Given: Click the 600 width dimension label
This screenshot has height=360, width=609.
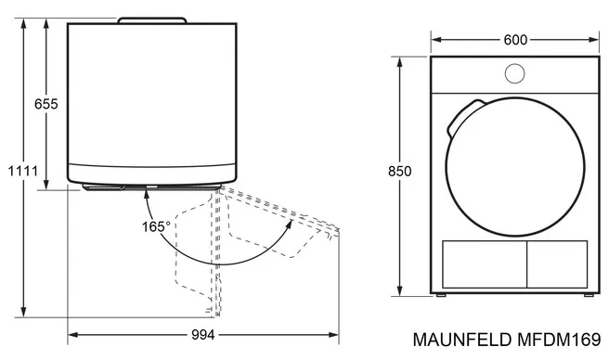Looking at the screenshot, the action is pyautogui.click(x=515, y=40).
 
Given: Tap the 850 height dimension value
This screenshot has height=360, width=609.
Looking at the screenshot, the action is pyautogui.click(x=399, y=171).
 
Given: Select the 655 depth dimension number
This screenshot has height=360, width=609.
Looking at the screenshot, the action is pyautogui.click(x=45, y=104).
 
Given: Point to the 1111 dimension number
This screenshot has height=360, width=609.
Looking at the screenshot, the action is pyautogui.click(x=23, y=171).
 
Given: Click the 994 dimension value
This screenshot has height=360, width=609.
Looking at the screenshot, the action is pyautogui.click(x=203, y=335).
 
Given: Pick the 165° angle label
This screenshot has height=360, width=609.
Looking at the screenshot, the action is pyautogui.click(x=156, y=226).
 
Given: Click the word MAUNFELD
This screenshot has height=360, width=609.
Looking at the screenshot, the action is pyautogui.click(x=461, y=340).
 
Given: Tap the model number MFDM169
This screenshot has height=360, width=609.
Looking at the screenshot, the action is pyautogui.click(x=559, y=340).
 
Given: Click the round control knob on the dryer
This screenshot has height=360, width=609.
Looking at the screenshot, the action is pyautogui.click(x=514, y=73).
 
